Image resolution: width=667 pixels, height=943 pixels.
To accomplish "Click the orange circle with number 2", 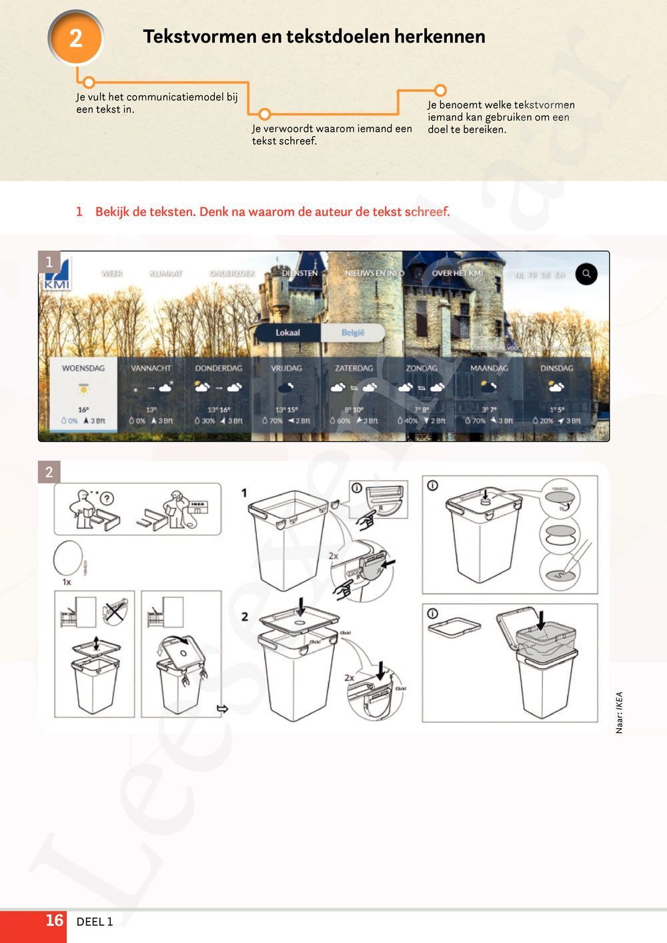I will (x=76, y=38).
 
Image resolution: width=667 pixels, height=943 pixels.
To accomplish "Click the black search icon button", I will (x=586, y=273).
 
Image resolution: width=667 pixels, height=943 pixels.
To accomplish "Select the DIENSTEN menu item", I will (x=299, y=273).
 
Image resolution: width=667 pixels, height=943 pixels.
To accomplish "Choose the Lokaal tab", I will (x=287, y=333).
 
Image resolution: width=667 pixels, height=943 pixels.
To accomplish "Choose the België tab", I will (x=353, y=333).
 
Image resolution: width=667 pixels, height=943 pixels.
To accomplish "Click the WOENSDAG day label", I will (x=83, y=368).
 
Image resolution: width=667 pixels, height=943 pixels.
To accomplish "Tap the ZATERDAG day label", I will (x=354, y=368).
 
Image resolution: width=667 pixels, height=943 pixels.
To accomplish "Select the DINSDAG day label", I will (x=556, y=368).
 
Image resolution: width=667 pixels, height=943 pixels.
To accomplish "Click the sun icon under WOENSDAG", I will (x=83, y=387).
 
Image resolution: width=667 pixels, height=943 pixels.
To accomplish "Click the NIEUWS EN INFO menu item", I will (x=374, y=273).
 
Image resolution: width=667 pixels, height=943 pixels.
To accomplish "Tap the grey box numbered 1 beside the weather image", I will (x=49, y=262).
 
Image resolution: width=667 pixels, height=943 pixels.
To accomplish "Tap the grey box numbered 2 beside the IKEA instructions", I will (x=49, y=472).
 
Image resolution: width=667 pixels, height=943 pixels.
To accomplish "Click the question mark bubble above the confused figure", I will (x=107, y=498).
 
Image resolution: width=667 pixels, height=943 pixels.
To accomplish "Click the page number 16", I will (x=54, y=920).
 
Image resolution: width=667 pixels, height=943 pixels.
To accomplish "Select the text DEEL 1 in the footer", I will (x=95, y=922).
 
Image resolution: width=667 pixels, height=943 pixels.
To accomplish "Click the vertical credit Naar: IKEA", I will (x=619, y=712).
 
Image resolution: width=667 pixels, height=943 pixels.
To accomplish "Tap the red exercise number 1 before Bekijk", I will (x=79, y=212).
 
